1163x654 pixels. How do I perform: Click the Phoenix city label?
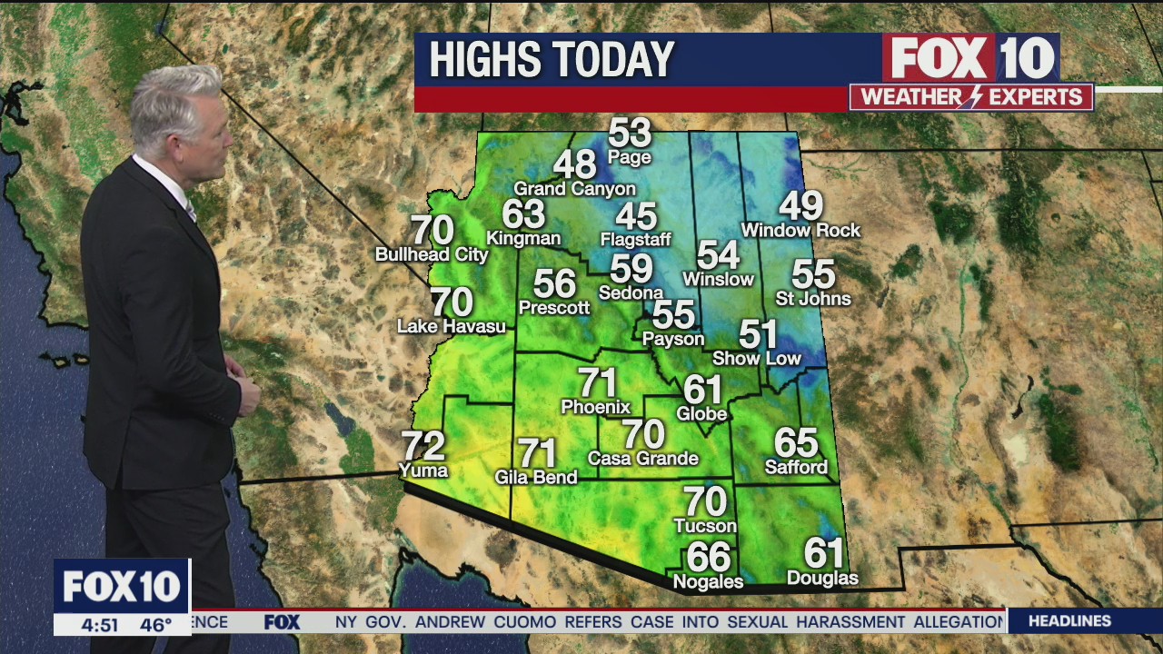pyautogui.click(x=595, y=406)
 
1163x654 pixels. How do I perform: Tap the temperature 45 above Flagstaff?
pyautogui.click(x=636, y=216)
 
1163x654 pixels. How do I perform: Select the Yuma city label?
pyautogui.click(x=423, y=470)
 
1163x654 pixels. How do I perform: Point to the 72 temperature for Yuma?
pyautogui.click(x=423, y=446)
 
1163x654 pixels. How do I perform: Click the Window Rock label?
pyautogui.click(x=800, y=231)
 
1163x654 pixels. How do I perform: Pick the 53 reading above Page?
pyautogui.click(x=630, y=134)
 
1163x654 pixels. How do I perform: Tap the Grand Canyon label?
pyautogui.click(x=574, y=189)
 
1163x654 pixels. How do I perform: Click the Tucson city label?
pyautogui.click(x=705, y=526)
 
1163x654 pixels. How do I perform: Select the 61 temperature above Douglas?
pyautogui.click(x=823, y=553)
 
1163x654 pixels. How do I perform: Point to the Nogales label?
pyautogui.click(x=708, y=581)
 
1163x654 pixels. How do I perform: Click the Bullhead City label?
pyautogui.click(x=432, y=255)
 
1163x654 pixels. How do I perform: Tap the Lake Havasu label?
pyautogui.click(x=452, y=325)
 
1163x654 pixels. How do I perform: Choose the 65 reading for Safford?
pyautogui.click(x=796, y=443)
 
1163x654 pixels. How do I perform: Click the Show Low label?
pyautogui.click(x=757, y=358)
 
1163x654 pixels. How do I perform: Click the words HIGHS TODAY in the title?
pyautogui.click(x=552, y=60)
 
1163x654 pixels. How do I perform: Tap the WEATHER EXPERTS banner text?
pyautogui.click(x=971, y=97)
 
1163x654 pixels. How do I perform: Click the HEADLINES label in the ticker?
pyautogui.click(x=1069, y=621)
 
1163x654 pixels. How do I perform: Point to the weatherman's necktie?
pyautogui.click(x=190, y=211)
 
